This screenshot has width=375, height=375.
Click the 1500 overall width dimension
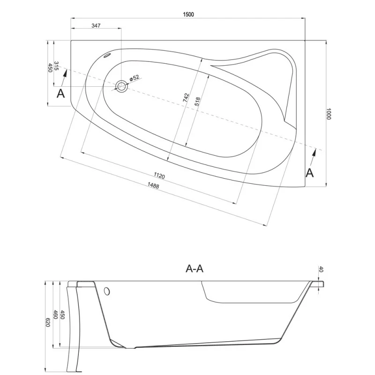tap(188, 15)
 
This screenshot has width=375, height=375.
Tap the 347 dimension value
tap(96, 25)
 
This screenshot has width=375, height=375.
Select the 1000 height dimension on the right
tap(329, 114)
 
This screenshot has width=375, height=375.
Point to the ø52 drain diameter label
tap(135, 78)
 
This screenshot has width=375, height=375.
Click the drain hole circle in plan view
tap(121, 86)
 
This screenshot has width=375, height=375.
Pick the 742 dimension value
tap(186, 98)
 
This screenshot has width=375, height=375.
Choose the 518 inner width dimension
tap(197, 102)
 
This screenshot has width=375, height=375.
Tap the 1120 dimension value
tap(159, 176)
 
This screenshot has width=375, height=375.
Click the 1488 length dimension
tap(153, 185)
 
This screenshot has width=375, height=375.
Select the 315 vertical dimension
tap(56, 66)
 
